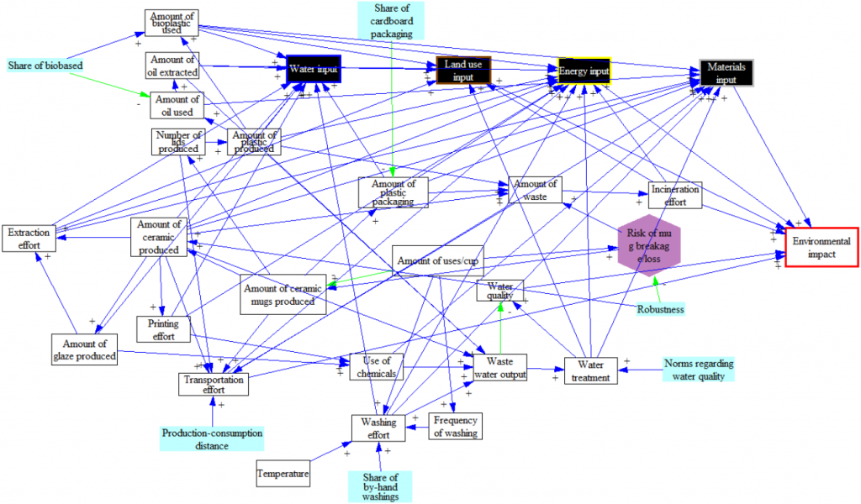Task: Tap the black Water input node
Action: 313,70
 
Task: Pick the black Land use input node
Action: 463,71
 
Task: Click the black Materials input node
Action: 726,72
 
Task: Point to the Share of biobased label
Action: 45,65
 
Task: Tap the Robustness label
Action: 660,309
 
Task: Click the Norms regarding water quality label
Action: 698,370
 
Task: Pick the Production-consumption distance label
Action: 212,439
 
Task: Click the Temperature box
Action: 283,474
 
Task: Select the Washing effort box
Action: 378,428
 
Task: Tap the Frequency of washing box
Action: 455,427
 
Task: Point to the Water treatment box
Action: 591,370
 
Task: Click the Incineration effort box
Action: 674,196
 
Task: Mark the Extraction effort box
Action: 29,239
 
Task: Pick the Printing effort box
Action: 163,329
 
